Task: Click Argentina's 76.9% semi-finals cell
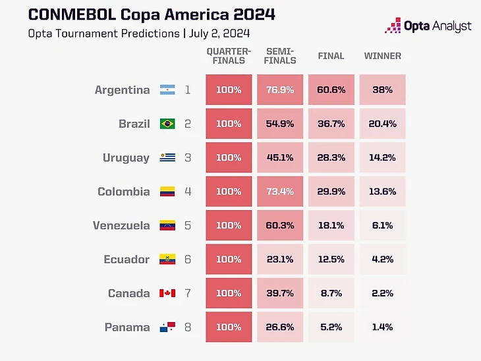(x=280, y=90)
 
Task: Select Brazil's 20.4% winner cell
(x=382, y=124)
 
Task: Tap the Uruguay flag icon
(x=167, y=157)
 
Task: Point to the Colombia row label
(x=124, y=192)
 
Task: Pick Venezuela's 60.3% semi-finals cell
(x=280, y=225)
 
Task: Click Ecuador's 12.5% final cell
(x=331, y=260)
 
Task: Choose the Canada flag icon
(x=167, y=293)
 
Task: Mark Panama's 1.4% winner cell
(x=382, y=327)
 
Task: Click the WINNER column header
(x=382, y=56)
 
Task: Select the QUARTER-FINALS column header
(x=229, y=56)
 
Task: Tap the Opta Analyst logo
(x=428, y=26)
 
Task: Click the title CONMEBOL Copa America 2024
(x=152, y=14)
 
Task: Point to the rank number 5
(x=188, y=225)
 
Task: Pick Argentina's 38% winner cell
(x=382, y=90)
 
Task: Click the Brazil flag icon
(x=167, y=124)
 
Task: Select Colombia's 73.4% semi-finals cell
(x=280, y=192)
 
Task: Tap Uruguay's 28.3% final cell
(x=331, y=157)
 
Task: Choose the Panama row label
(x=127, y=327)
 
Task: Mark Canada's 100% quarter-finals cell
(x=229, y=293)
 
